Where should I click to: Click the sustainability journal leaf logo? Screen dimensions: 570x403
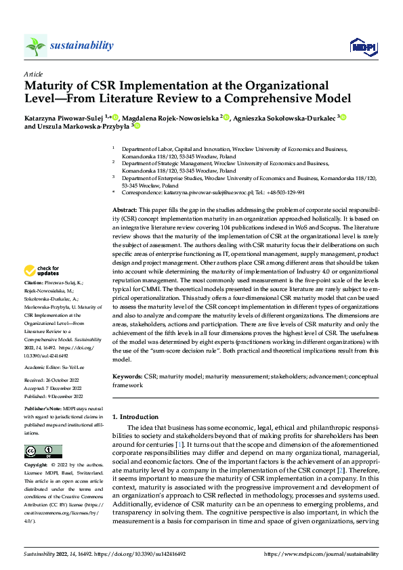36,46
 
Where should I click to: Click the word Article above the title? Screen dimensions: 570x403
33,74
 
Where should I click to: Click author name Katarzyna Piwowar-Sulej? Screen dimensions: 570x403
65,117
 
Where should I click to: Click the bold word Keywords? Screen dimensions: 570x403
127,374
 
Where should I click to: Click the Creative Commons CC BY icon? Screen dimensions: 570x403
43,452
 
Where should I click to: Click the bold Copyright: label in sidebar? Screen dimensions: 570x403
37,466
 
